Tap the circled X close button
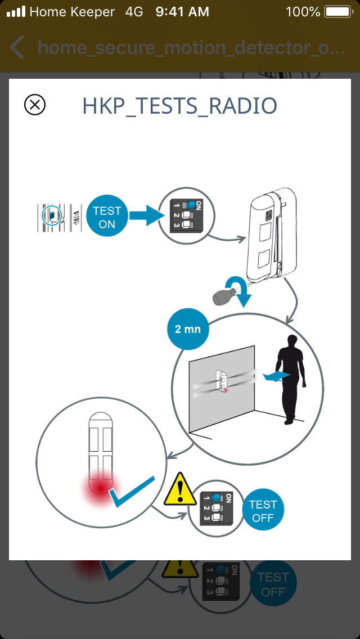pyautogui.click(x=35, y=105)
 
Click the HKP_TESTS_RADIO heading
pyautogui.click(x=179, y=106)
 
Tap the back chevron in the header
pyautogui.click(x=17, y=48)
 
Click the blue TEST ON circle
pyautogui.click(x=107, y=217)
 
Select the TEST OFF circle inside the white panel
pyautogui.click(x=263, y=511)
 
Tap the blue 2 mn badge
pyautogui.click(x=188, y=329)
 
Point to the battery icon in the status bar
pyautogui.click(x=338, y=12)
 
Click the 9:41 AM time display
pyautogui.click(x=182, y=12)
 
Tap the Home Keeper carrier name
pyautogui.click(x=71, y=12)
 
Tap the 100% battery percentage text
pyautogui.click(x=303, y=12)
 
